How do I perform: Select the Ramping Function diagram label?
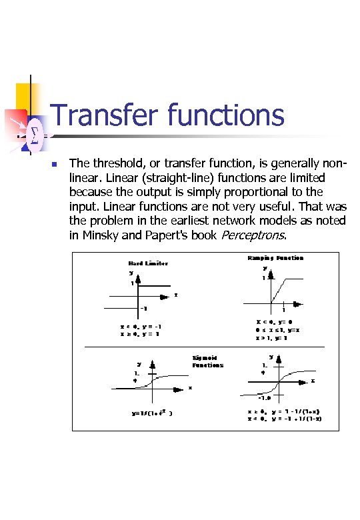click(275, 258)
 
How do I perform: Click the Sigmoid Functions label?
click(208, 362)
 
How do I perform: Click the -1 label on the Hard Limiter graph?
click(144, 309)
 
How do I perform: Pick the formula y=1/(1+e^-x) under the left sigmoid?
click(152, 413)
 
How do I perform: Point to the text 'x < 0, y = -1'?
click(141, 326)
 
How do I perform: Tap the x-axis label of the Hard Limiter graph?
click(175, 295)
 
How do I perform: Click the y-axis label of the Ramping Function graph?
click(265, 269)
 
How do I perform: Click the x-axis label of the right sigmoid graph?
click(313, 381)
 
